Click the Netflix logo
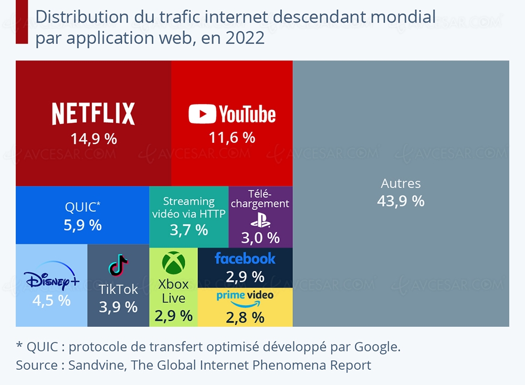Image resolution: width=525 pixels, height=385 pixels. (93, 113)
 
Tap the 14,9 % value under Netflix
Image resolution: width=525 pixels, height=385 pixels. (93, 139)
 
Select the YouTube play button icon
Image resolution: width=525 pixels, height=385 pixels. (202, 114)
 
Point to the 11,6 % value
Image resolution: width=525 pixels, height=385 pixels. (232, 138)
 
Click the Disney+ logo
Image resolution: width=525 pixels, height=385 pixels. (52, 280)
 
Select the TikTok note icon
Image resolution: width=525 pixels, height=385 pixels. (118, 265)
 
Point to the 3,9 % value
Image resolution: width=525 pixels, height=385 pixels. (118, 307)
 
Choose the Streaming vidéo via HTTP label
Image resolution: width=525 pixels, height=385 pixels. (188, 207)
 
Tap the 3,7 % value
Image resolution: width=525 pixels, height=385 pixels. (188, 230)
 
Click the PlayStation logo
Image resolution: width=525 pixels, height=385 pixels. (260, 222)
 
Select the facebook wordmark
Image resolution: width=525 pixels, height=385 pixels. (245, 258)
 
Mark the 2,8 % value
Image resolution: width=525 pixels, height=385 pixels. (245, 317)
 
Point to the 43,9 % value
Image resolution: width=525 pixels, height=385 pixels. (401, 201)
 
